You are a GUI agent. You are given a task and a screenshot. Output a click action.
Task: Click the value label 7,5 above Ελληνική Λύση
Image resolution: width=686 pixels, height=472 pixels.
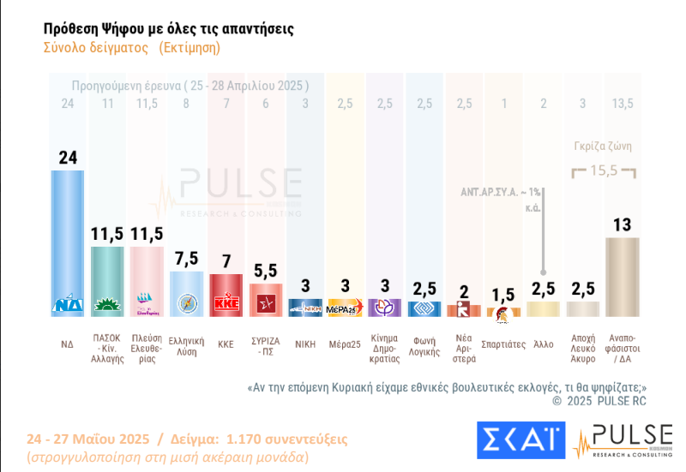point(185,259)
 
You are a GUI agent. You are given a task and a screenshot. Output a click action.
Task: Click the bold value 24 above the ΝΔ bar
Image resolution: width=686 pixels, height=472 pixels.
point(68,157)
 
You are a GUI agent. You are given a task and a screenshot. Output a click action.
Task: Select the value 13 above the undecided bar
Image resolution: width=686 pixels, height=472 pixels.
point(622,224)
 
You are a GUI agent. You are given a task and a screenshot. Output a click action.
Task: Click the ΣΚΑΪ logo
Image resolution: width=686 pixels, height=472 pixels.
point(521,439)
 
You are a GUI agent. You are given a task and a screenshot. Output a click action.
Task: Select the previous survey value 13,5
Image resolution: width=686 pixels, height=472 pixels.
point(621,104)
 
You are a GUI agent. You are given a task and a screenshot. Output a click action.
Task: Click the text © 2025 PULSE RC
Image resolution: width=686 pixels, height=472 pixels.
point(599,400)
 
